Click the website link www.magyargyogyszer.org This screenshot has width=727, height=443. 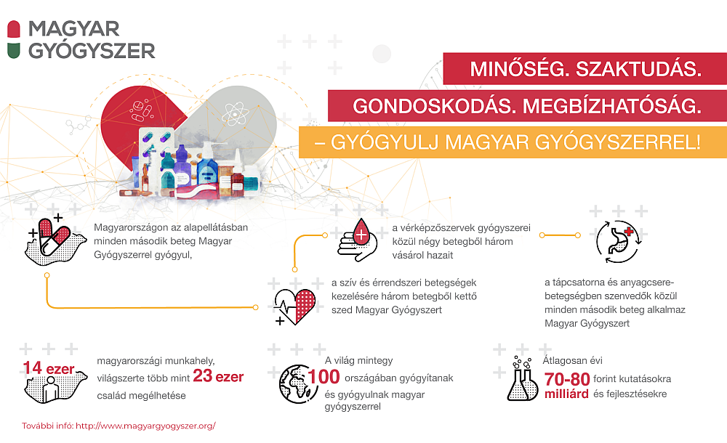(x=145, y=426)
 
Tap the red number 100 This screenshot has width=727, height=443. (x=324, y=377)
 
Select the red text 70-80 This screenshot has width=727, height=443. (x=566, y=380)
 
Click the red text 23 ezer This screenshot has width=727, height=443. (x=218, y=375)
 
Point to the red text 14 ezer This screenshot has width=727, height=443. (x=48, y=368)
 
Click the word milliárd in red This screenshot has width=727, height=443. (x=566, y=394)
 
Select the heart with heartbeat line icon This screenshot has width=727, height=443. (x=295, y=306)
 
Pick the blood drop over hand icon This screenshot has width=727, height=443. (x=358, y=240)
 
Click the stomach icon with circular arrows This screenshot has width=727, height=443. (x=619, y=242)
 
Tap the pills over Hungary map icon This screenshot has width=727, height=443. (x=55, y=240)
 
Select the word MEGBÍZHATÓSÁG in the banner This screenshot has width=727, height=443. (x=612, y=107)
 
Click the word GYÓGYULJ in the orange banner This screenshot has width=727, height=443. (x=385, y=142)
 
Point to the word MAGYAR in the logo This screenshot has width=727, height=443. (x=73, y=29)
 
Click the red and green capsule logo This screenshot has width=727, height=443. (x=14, y=40)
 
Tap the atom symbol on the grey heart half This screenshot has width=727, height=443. (x=236, y=113)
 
